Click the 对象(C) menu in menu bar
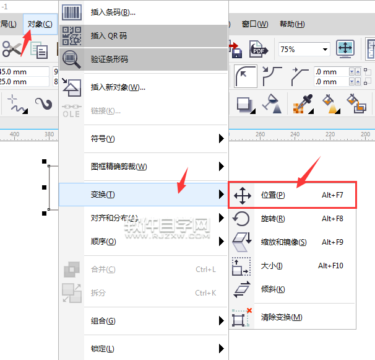(40, 24)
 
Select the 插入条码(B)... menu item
(113, 12)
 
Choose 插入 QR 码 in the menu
(108, 36)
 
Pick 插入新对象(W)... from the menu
(118, 87)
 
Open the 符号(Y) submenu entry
(103, 139)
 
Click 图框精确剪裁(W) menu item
(119, 167)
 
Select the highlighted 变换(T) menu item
(103, 195)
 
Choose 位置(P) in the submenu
(273, 195)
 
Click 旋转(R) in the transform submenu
(273, 219)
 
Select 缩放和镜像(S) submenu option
(283, 242)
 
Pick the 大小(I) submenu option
(272, 266)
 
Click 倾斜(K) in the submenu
(273, 289)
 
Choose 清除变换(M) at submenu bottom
(282, 317)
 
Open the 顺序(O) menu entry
(103, 242)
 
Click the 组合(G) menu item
(103, 321)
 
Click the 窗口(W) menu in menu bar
(255, 24)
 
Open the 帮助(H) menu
(292, 24)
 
